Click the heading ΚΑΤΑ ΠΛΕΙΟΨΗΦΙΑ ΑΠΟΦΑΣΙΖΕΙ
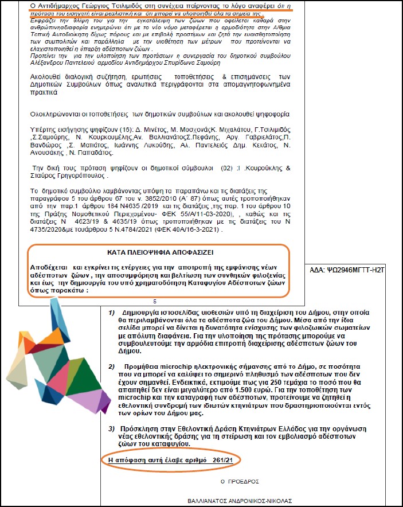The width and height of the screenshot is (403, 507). pos(156,252)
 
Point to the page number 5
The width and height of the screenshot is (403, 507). pos(155,301)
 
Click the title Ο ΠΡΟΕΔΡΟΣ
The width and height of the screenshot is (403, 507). pos(240,481)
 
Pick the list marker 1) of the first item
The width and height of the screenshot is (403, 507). pos(112,313)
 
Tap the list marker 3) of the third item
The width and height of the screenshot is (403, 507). pos(112,429)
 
